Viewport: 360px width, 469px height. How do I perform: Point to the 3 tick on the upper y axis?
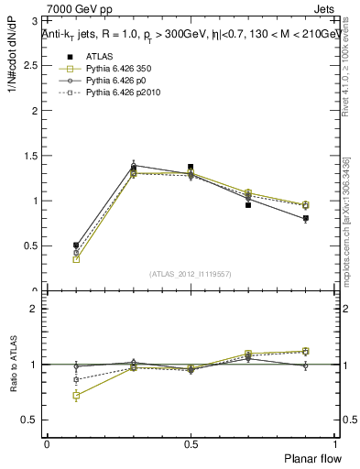coord(34,21)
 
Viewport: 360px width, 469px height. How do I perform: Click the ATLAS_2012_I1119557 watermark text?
coord(191,274)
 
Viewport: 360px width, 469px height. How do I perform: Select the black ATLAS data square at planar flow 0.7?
coord(248,205)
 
